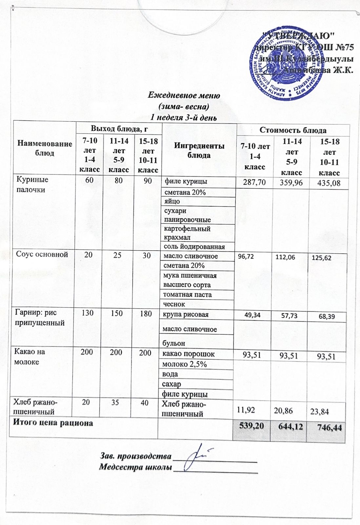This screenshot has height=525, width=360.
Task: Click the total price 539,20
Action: pos(251,426)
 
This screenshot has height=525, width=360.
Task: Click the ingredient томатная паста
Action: pos(187,295)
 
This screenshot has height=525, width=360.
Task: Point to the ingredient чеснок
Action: pos(174,304)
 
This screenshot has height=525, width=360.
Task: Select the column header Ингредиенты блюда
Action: pos(199,151)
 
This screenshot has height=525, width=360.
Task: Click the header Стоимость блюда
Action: pos(293,130)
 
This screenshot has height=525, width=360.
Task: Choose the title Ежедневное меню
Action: pos(184,95)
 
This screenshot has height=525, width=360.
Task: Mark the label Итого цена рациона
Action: pos(53,423)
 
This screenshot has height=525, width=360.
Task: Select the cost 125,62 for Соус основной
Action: pos(321,258)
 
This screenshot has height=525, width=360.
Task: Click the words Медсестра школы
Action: pos(135,467)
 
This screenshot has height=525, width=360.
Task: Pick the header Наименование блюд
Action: pos(45,148)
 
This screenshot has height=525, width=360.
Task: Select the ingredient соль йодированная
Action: pos(194,247)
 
